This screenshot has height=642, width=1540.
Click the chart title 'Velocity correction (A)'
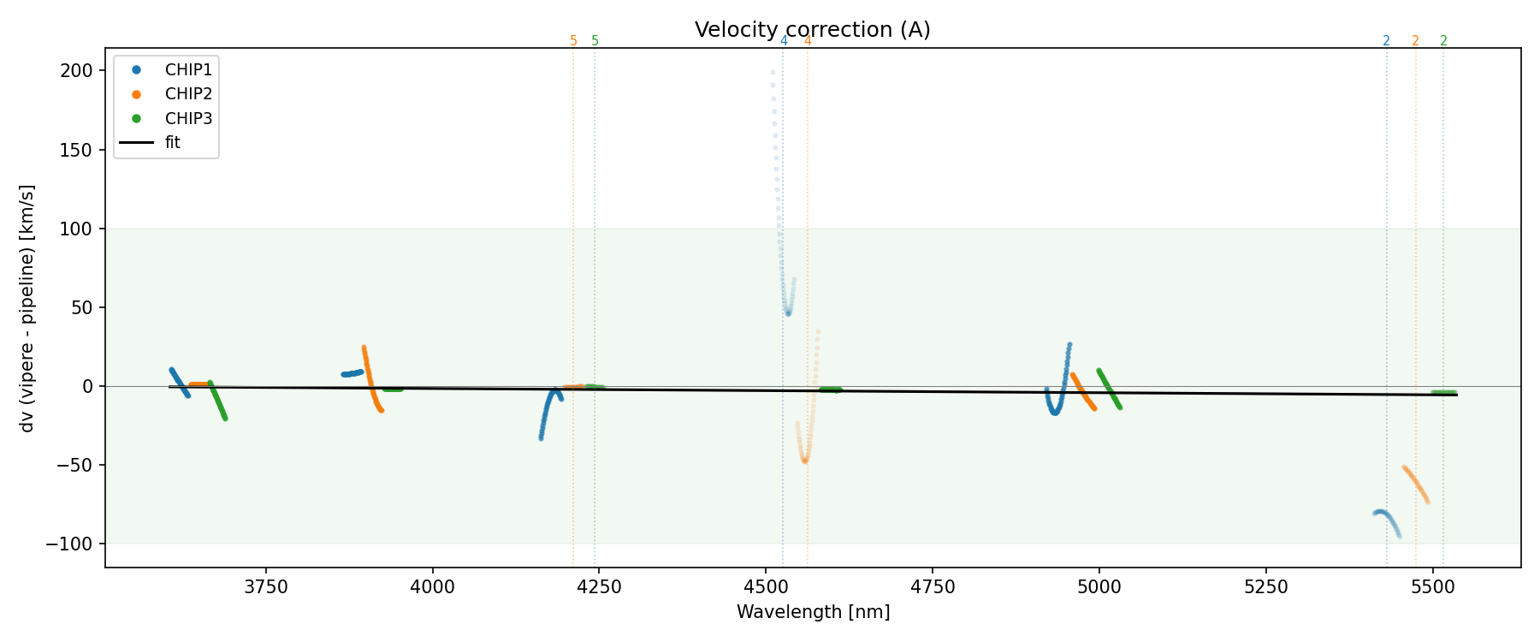(812, 30)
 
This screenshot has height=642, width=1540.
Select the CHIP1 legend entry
(188, 70)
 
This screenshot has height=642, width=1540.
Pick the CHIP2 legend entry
(188, 94)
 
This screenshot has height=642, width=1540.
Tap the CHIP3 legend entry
(188, 119)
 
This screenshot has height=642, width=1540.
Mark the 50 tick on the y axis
(81, 308)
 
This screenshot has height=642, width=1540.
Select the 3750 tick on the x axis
(266, 586)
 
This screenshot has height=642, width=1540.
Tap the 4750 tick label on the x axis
(933, 586)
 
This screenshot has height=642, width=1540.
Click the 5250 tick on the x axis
(1265, 586)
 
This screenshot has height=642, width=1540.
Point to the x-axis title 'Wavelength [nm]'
(813, 612)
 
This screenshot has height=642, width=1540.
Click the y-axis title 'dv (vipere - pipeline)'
(27, 308)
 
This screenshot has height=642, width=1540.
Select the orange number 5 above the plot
(573, 41)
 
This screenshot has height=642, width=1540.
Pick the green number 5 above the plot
(595, 41)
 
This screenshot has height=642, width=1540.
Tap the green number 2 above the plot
(1443, 41)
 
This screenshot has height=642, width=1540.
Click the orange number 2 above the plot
(1415, 41)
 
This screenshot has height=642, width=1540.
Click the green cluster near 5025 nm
(1109, 388)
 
